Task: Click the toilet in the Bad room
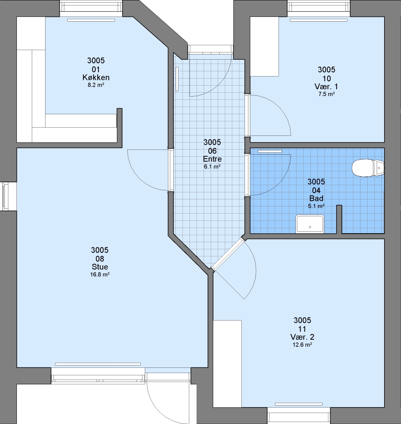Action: pyautogui.click(x=368, y=168)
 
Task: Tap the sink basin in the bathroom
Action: pyautogui.click(x=310, y=224)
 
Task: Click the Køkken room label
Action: pyautogui.click(x=96, y=78)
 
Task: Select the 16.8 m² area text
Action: pyautogui.click(x=100, y=275)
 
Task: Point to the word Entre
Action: pyautogui.click(x=212, y=159)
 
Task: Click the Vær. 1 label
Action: pyautogui.click(x=326, y=86)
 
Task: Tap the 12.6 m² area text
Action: pyautogui.click(x=303, y=345)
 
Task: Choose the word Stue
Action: pyautogui.click(x=100, y=267)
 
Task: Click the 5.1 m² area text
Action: pyautogui.click(x=316, y=206)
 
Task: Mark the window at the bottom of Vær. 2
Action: pyautogui.click(x=299, y=415)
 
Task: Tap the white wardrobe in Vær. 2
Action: pyautogui.click(x=227, y=364)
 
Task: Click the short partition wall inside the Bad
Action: pyautogui.click(x=339, y=219)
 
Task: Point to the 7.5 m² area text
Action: pyautogui.click(x=326, y=94)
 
